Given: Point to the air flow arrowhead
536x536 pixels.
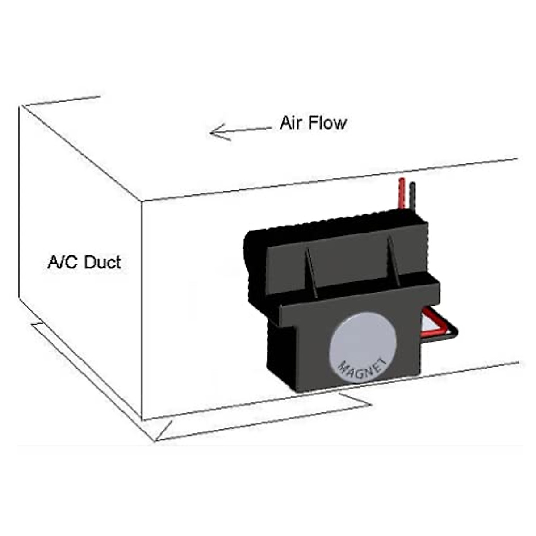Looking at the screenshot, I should click(x=214, y=132).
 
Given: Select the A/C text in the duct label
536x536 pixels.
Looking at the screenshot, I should click(x=63, y=262).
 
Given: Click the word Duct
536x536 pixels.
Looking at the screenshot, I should click(x=102, y=262).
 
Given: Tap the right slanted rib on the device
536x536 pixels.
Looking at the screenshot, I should click(x=394, y=261).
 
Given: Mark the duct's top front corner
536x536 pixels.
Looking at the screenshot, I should click(x=142, y=201).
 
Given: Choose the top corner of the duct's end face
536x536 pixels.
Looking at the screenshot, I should click(x=19, y=107).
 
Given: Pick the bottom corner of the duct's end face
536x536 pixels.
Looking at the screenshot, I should click(x=19, y=297).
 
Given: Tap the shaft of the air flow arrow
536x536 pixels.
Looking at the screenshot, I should click(x=250, y=130).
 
